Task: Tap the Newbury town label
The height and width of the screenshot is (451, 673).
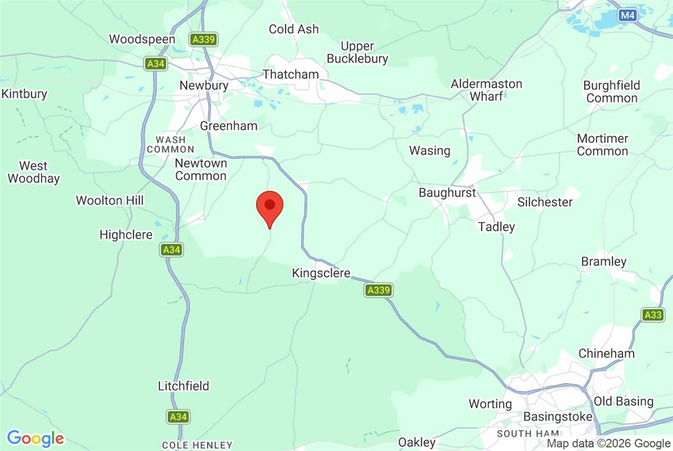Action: [204, 86]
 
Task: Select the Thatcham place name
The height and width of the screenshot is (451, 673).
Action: [291, 74]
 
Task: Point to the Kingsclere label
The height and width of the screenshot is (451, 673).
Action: [321, 273]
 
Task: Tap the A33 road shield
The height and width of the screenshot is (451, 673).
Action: [653, 315]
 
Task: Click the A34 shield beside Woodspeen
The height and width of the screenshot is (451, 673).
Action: [155, 64]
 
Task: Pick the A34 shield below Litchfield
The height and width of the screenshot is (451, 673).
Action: [178, 417]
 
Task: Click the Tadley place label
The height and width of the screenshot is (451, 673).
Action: [496, 227]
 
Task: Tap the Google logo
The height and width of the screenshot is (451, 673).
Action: [35, 438]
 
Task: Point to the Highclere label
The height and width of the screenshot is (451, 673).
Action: [126, 234]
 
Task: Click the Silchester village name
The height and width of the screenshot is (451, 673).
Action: [545, 202]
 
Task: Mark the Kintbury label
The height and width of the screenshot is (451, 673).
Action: [24, 94]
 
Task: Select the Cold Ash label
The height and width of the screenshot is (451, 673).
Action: [293, 29]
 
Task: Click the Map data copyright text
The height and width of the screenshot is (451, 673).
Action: [609, 443]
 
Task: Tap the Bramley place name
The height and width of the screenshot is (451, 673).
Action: [603, 261]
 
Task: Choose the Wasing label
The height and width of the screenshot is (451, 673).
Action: [430, 150]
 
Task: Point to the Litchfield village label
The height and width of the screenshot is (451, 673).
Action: [183, 386]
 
